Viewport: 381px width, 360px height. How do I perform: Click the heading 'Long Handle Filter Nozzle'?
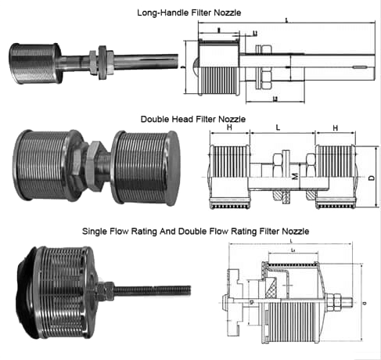(190, 13)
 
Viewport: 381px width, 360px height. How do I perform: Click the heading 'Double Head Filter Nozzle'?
(192, 119)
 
